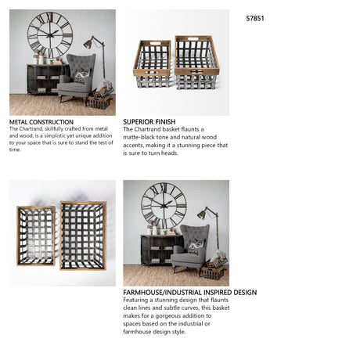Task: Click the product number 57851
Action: (x=255, y=18)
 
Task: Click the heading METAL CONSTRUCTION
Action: (x=41, y=122)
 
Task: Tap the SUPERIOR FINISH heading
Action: (x=149, y=121)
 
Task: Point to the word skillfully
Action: (x=54, y=129)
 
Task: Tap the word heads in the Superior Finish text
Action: (x=170, y=153)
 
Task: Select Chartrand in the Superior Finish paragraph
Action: (x=149, y=129)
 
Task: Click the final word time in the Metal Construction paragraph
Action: (x=15, y=149)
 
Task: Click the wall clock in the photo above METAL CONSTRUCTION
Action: (x=50, y=35)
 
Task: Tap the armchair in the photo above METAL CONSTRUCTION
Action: (x=77, y=78)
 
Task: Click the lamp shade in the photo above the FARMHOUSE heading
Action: (x=202, y=214)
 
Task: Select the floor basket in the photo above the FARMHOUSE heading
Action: (x=214, y=271)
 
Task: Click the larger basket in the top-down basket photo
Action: (x=83, y=236)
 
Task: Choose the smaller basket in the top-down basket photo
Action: (x=36, y=236)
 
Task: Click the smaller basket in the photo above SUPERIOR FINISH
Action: (x=153, y=64)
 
